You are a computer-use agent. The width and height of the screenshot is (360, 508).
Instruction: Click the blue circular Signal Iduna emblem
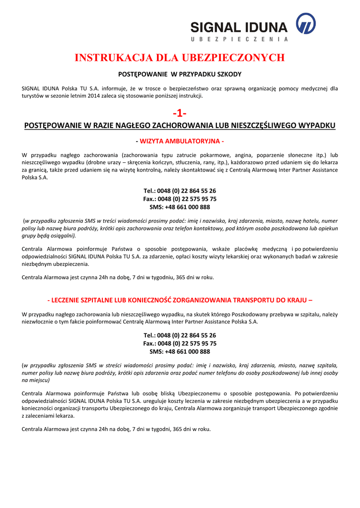click(305, 23)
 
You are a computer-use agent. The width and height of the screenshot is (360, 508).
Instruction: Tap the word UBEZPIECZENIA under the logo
click(239, 39)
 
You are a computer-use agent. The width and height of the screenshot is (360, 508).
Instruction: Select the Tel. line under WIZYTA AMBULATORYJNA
click(180, 191)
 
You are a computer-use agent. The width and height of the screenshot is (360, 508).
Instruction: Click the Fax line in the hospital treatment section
click(180, 343)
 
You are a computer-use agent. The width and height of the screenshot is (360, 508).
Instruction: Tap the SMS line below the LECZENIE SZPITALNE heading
click(180, 351)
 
